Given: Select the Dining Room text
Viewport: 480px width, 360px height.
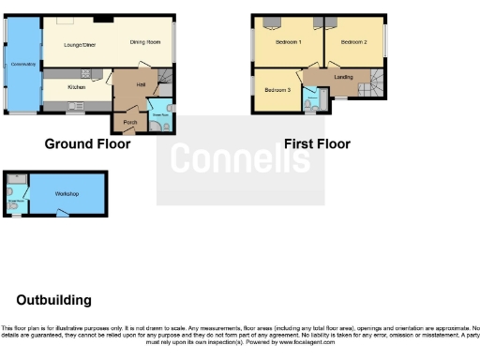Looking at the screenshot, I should click(x=145, y=42).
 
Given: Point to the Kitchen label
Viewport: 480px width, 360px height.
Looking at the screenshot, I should click(x=78, y=86).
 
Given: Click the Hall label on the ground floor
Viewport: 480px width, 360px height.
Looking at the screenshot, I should click(x=140, y=85).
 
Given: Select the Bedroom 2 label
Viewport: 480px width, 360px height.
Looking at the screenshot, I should click(x=353, y=42).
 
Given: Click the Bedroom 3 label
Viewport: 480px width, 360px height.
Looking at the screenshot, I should click(x=277, y=90).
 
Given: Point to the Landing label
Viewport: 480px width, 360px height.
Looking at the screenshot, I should click(x=343, y=79).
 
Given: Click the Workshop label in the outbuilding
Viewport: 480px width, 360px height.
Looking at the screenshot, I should click(x=66, y=194).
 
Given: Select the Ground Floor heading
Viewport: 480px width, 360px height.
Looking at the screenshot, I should click(x=88, y=144).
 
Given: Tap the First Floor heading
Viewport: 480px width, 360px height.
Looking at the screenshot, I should click(x=317, y=144).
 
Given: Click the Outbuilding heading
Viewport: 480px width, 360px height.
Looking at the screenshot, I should click(x=54, y=301).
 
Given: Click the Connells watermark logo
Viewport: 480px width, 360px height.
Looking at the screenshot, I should click(x=240, y=160).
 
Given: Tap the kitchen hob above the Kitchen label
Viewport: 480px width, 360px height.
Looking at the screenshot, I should click(x=85, y=72).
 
